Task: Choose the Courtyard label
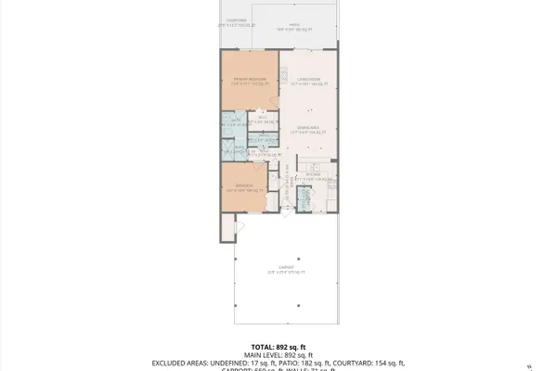point(237,22)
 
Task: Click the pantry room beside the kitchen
point(303,198)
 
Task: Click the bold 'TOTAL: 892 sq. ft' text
point(278,345)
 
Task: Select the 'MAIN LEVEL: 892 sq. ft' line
point(278,354)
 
